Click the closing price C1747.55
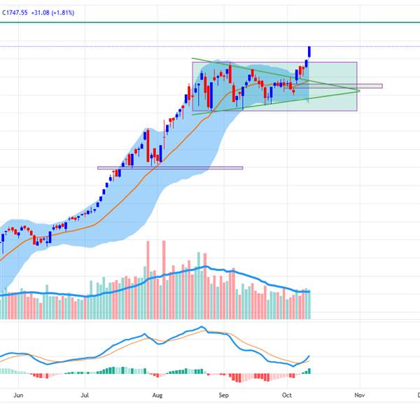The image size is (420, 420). (x=16, y=13)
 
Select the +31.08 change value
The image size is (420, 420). (x=42, y=13)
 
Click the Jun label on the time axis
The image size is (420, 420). (x=19, y=395)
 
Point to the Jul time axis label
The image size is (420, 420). (x=85, y=395)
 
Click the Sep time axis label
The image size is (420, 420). (x=223, y=395)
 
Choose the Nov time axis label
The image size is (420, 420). (x=359, y=395)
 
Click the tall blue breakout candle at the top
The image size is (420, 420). (x=309, y=52)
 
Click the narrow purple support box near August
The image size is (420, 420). (x=170, y=168)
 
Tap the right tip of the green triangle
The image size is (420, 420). (x=359, y=90)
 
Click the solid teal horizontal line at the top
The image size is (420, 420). (x=210, y=22)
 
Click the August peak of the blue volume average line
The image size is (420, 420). (x=204, y=267)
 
